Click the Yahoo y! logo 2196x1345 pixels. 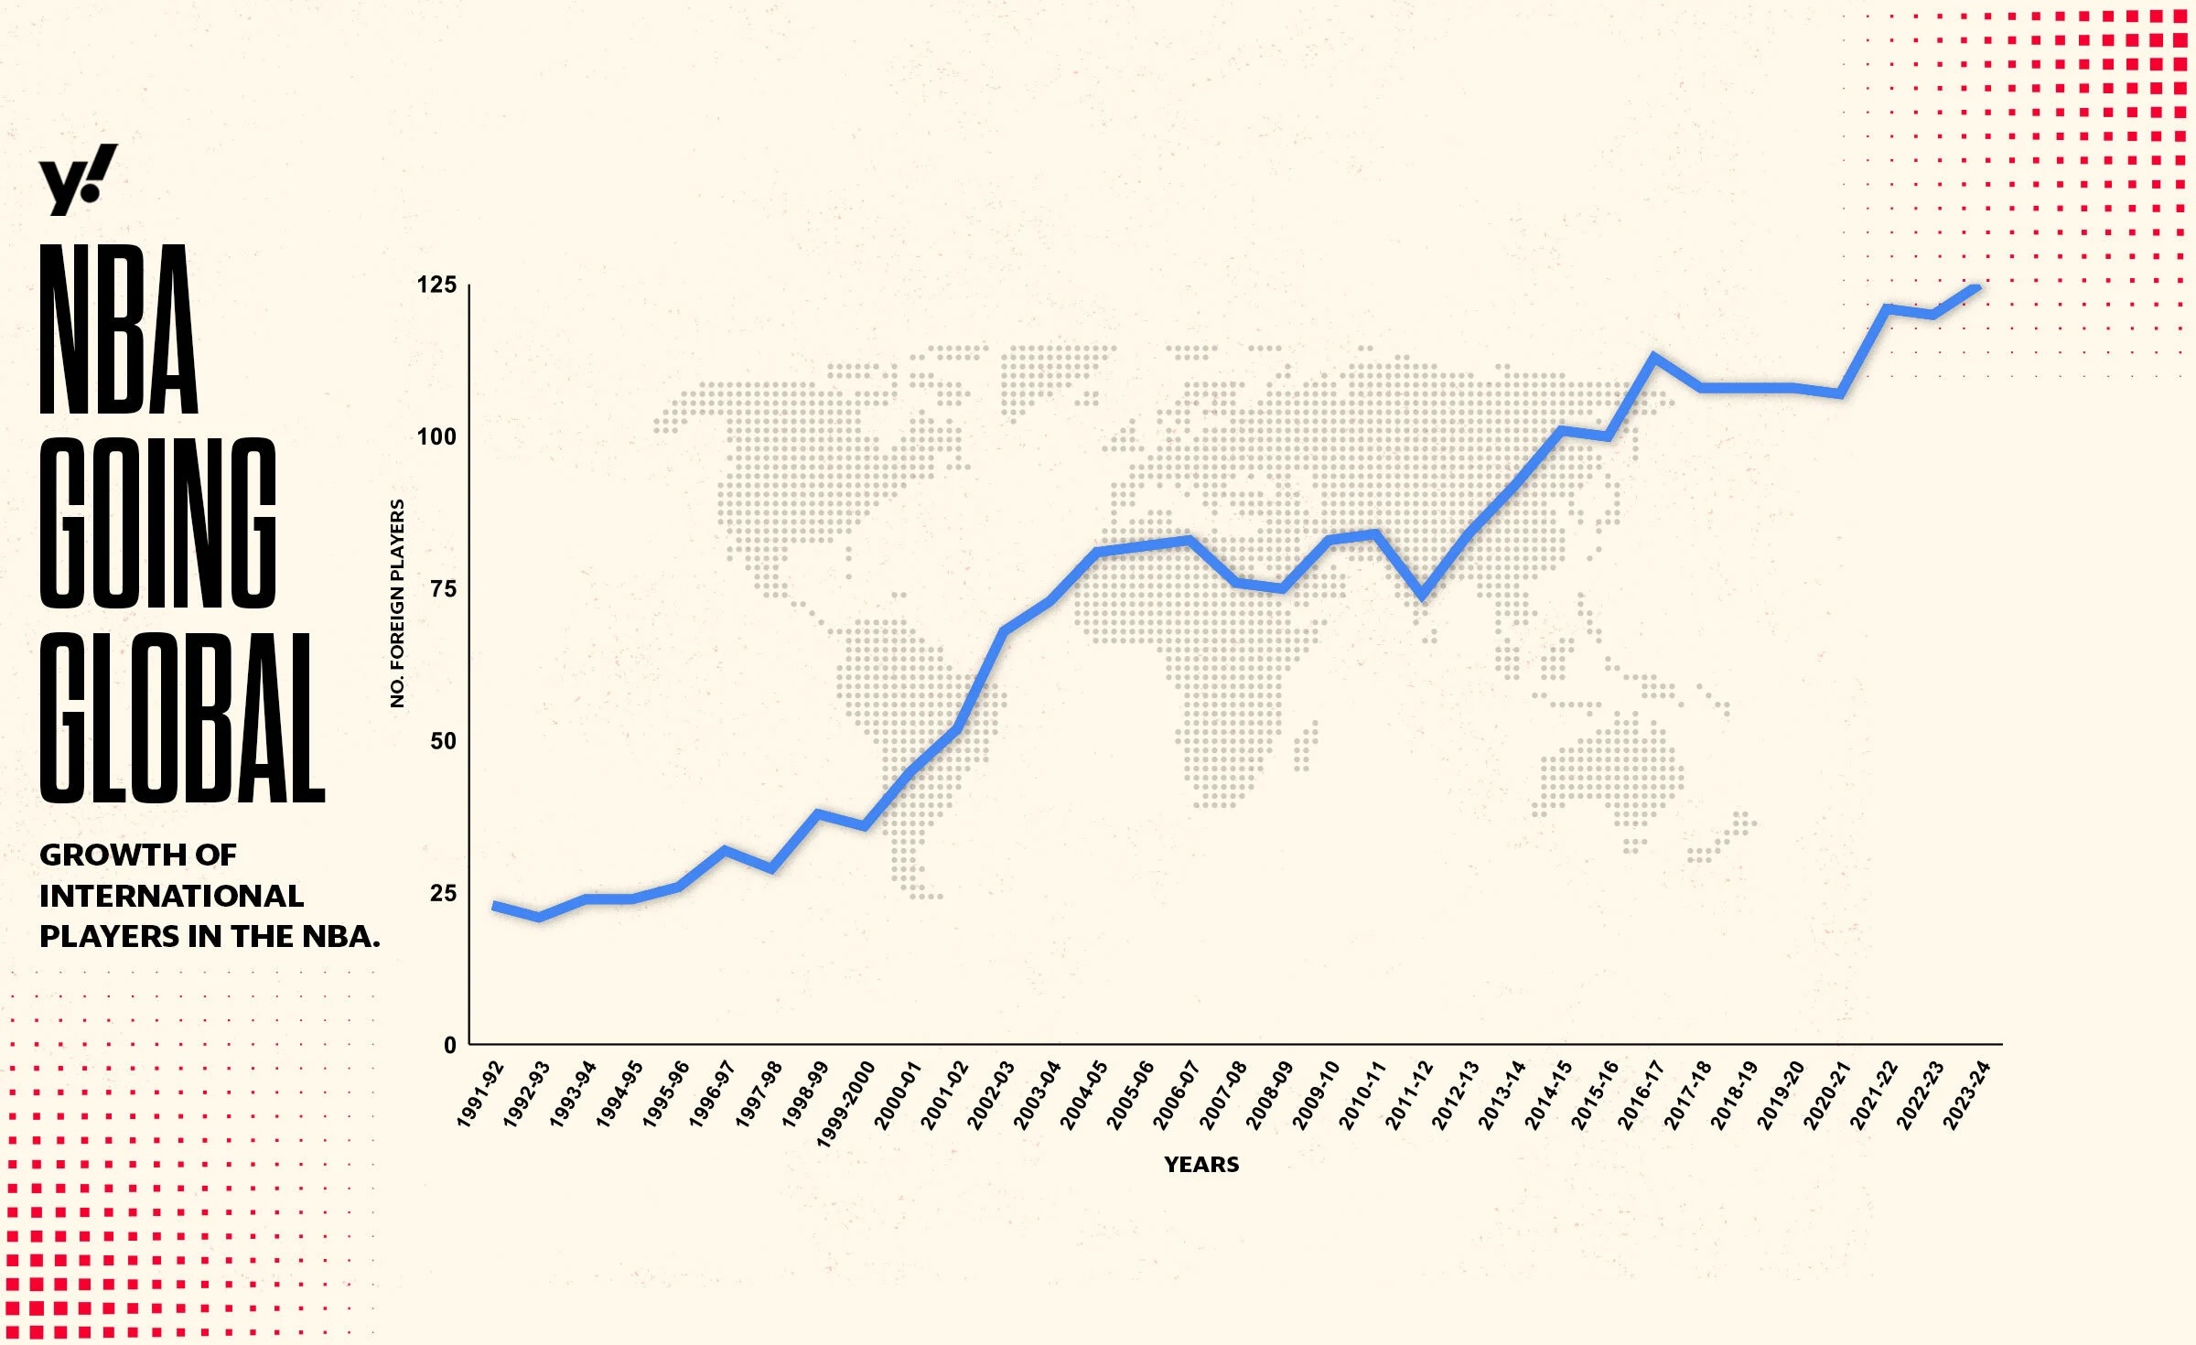tap(78, 179)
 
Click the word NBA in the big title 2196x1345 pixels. tap(119, 329)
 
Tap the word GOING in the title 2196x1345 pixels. tap(157, 522)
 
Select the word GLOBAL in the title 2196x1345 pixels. tap(182, 718)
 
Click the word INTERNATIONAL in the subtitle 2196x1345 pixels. tap(171, 896)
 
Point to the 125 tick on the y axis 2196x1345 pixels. tap(436, 285)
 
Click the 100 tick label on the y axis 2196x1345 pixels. tap(436, 436)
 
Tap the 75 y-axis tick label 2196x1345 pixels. tap(443, 588)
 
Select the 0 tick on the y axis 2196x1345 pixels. tap(449, 1045)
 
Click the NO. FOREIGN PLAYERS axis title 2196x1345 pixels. tap(397, 603)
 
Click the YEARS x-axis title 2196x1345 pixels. tap(1201, 1165)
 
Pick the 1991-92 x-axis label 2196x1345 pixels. tap(480, 1094)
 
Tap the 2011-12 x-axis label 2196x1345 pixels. tap(1409, 1094)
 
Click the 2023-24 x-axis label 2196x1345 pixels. tap(1967, 1094)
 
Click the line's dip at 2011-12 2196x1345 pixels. tap(1422, 596)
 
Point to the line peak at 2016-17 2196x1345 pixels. tap(1653, 356)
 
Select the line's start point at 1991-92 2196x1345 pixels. tap(494, 905)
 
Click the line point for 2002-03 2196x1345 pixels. tap(1004, 630)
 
